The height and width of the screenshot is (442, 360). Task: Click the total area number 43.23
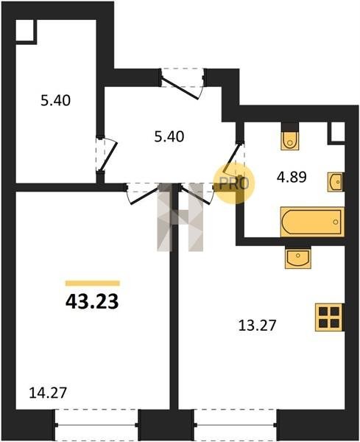coord(92,301)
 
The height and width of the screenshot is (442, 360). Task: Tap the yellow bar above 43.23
coord(93,284)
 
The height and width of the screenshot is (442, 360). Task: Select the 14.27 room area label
coord(48,393)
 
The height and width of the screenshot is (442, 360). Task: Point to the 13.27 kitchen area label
coord(257,326)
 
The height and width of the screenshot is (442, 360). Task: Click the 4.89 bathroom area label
coord(292,178)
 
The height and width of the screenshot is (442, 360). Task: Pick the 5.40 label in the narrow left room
coord(55,101)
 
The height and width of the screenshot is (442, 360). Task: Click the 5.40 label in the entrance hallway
coord(169,137)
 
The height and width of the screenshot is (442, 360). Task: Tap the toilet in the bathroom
coord(290,136)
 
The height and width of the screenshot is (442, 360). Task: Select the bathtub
coord(312,222)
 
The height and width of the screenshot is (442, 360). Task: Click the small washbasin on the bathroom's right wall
coord(336,183)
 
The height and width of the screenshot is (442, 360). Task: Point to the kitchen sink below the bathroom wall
coord(298,258)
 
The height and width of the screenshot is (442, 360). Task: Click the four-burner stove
coord(329,317)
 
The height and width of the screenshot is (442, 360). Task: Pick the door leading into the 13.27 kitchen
coord(196,195)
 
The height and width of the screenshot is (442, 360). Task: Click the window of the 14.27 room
coord(96,424)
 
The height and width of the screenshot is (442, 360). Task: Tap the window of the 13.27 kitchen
coord(236,424)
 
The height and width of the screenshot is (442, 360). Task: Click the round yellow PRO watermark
coord(234,183)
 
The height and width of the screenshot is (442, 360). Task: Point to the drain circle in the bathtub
coord(336,222)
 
